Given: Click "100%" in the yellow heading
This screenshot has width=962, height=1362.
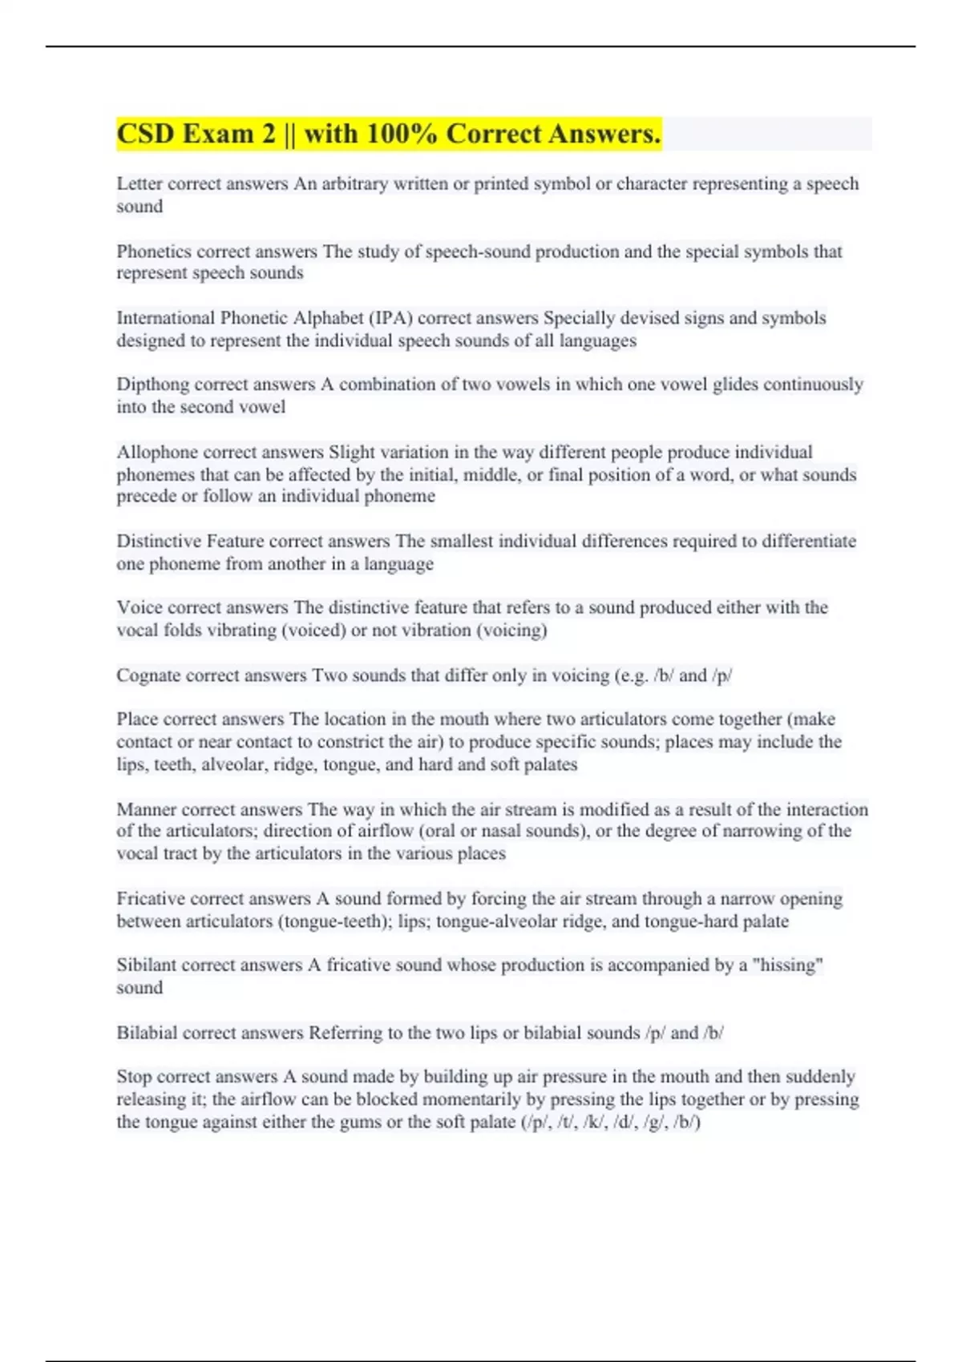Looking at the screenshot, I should click(401, 134).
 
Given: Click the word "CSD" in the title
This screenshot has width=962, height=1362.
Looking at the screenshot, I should click(144, 134).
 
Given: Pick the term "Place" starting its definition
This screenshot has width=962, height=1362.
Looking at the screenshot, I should click(135, 719).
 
